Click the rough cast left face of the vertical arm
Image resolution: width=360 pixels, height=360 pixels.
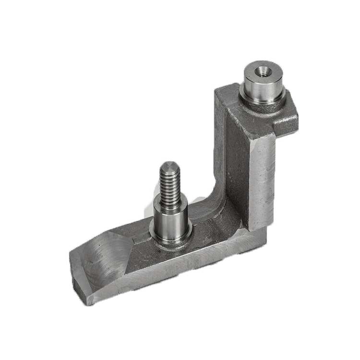point(230,154)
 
